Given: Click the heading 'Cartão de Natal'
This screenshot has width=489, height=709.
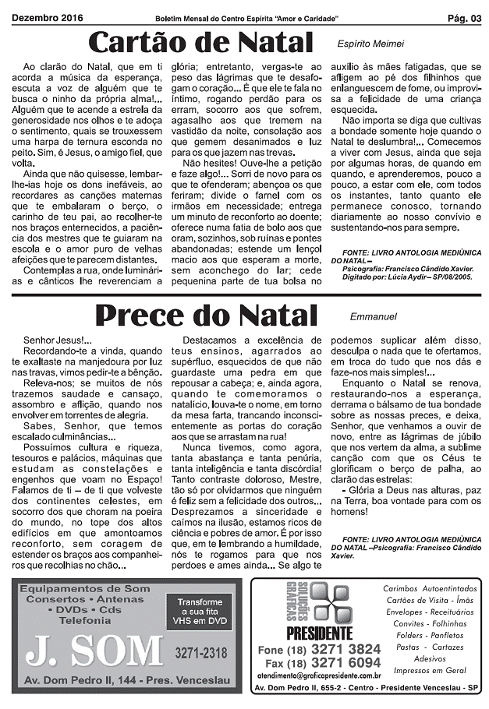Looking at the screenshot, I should tap(200, 42).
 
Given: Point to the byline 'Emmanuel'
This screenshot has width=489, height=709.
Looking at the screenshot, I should tap(374, 317).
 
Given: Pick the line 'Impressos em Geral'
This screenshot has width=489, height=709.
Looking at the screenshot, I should tap(430, 670).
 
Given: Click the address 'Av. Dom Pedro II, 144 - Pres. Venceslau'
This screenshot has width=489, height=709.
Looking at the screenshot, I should tap(126, 680).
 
